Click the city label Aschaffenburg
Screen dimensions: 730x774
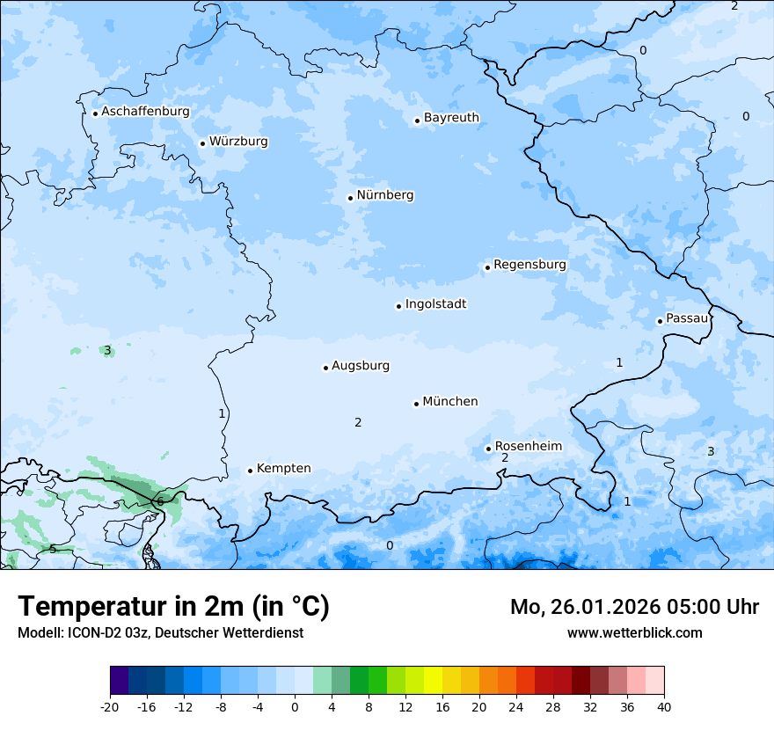pos(145,112)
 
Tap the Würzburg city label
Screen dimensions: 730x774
pos(238,142)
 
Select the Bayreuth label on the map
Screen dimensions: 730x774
pos(451,118)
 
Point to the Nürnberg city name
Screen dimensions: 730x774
pos(385,195)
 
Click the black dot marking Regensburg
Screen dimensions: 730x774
pos(487,267)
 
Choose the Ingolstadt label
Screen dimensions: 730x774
pos(435,304)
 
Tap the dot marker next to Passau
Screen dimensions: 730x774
pos(660,321)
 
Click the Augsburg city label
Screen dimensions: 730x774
pos(361,366)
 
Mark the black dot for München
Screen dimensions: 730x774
pos(416,404)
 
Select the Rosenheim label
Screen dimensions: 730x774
pos(528,447)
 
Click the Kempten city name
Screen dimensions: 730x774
pos(283,469)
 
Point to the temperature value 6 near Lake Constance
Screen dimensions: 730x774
pos(160,501)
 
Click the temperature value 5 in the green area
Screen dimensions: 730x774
pos(53,549)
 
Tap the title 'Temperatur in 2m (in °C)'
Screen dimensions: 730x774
pos(173,606)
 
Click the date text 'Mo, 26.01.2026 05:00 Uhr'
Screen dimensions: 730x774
pos(634,607)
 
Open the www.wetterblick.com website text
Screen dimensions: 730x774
pos(634,632)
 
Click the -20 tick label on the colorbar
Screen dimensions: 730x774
pos(110,706)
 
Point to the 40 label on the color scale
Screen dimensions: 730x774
pos(664,706)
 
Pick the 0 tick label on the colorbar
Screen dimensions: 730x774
pos(295,706)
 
